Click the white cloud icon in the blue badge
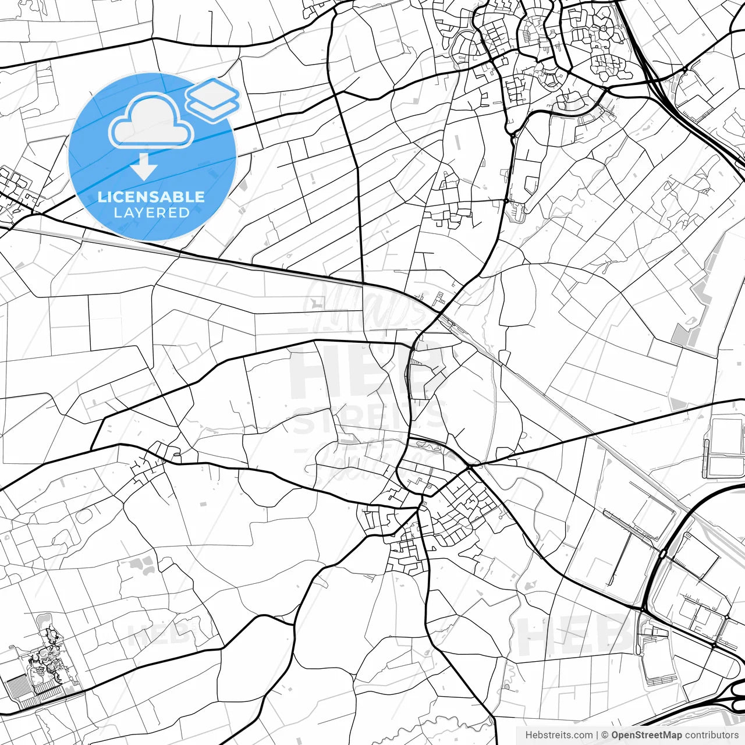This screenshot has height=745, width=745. [150, 122]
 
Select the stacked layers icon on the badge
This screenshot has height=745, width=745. [212, 99]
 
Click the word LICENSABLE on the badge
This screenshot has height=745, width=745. [151, 197]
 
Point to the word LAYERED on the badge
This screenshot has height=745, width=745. [151, 212]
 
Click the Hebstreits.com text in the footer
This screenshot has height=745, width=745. [559, 735]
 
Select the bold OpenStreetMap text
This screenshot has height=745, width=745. [647, 735]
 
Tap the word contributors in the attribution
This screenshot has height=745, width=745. [711, 735]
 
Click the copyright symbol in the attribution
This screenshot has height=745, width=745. [605, 735]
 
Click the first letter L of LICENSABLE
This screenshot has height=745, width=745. [101, 197]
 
